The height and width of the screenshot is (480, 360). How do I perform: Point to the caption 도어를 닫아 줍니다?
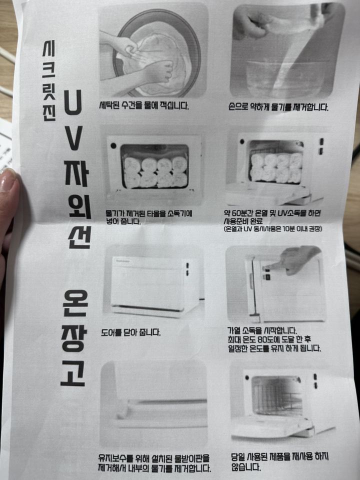[130, 331]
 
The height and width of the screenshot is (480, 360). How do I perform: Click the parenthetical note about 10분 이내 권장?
[273, 228]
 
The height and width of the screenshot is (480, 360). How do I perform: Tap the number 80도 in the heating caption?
[270, 339]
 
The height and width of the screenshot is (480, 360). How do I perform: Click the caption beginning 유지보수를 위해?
[154, 463]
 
